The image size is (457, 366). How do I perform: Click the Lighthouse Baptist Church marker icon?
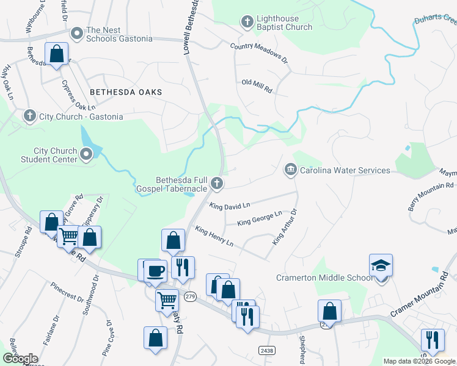(247, 22)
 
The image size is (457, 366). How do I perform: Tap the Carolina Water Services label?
(345, 170)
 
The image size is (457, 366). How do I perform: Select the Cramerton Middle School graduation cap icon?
(381, 266)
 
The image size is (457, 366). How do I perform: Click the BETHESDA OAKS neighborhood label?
(126, 91)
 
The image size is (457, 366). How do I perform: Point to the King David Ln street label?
(230, 207)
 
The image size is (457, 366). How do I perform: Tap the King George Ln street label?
(259, 218)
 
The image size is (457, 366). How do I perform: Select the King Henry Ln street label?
(214, 236)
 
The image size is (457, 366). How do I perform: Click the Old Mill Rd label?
(257, 85)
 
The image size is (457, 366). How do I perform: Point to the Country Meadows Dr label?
(258, 53)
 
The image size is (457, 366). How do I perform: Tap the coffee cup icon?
(154, 270)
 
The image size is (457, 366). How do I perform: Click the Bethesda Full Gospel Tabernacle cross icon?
(216, 183)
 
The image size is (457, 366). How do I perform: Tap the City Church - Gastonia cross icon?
(29, 116)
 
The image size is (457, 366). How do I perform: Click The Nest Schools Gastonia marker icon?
(77, 33)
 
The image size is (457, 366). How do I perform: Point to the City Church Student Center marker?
(86, 156)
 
